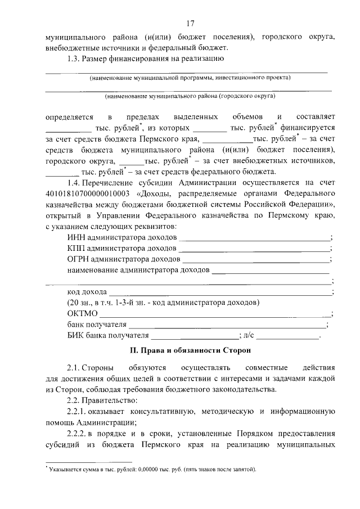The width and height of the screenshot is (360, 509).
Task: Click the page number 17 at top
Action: click(190, 23)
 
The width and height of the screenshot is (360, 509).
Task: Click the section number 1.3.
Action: click(74, 58)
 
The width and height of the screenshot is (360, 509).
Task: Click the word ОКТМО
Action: click(82, 313)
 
